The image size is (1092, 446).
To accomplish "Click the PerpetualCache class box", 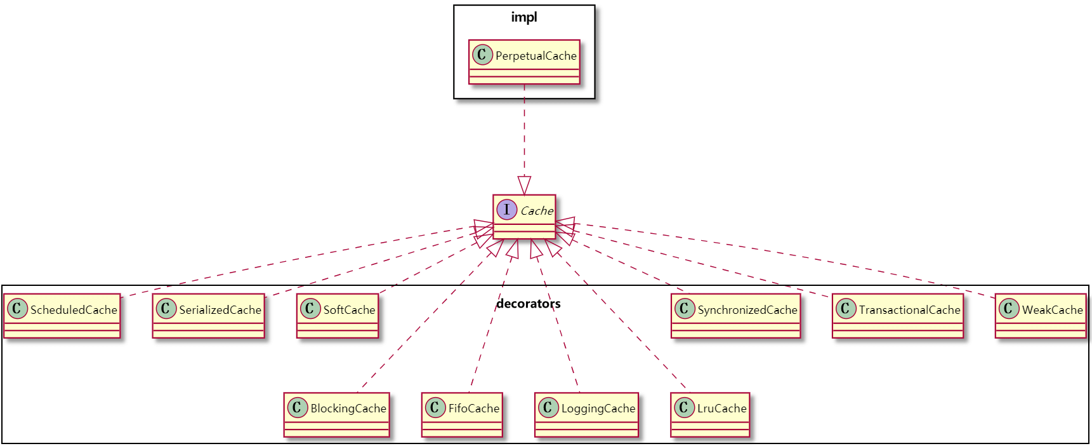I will tap(524, 62).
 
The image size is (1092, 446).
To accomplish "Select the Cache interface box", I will tap(524, 217).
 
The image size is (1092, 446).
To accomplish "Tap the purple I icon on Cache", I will tap(506, 210).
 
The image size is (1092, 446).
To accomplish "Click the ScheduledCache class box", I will tap(62, 316).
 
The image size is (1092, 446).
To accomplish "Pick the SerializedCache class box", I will tap(208, 316).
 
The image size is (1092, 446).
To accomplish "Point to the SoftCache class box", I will tap(338, 316).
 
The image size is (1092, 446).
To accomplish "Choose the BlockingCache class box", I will tap(336, 414).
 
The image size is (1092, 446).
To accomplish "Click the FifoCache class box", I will tap(462, 414).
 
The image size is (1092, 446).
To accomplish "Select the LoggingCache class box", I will tap(586, 414).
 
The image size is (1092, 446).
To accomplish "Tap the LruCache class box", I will tap(710, 414).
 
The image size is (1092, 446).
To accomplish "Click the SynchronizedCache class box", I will tap(736, 316).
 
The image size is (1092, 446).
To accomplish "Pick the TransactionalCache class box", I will tap(898, 316).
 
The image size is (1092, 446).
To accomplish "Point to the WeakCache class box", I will tap(1041, 316).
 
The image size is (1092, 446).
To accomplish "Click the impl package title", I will tap(524, 17).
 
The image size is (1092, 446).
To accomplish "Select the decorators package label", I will tap(529, 304).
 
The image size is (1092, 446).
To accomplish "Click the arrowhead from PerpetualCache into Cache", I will tap(524, 186).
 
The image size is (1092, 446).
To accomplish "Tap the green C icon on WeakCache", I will tap(1009, 309).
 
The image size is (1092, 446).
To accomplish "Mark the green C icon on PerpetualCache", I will tap(482, 55).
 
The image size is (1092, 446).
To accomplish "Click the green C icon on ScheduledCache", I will tap(17, 309).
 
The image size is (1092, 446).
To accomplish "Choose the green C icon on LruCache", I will tap(684, 407).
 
